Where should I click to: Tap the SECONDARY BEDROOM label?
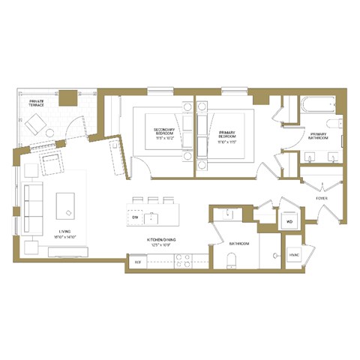(166, 131)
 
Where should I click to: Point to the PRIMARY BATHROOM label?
(323, 135)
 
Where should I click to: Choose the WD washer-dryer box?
(289, 222)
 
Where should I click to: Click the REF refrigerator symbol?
(137, 262)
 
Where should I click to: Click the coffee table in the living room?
(67, 204)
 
